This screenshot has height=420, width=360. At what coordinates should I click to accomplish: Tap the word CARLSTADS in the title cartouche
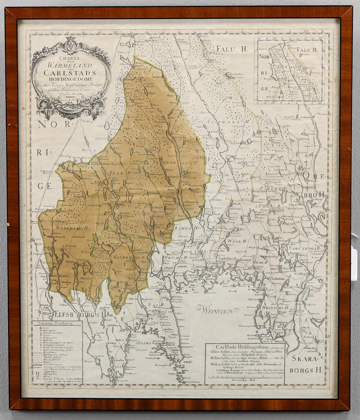[70, 73]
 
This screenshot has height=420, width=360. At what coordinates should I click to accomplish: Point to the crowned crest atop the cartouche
[70, 45]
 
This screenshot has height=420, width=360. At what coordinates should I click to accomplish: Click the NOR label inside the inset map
[265, 56]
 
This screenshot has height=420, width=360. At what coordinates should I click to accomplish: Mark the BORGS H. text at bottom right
[306, 370]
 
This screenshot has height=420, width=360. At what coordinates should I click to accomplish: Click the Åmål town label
[123, 330]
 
